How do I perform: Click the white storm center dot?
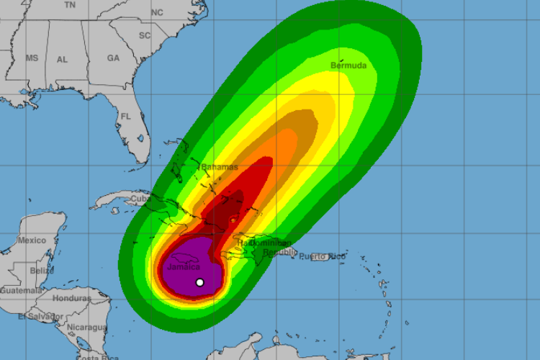click(x=200, y=282)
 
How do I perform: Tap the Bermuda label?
click(x=348, y=66)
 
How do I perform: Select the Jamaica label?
click(x=183, y=267)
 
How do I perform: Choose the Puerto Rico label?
click(x=322, y=256)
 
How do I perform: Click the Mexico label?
click(x=32, y=240)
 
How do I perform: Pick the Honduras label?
click(x=72, y=298)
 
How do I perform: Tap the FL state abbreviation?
click(x=126, y=116)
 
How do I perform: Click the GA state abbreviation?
click(x=113, y=58)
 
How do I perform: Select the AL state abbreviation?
click(x=63, y=60)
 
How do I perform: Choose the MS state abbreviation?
click(x=32, y=58)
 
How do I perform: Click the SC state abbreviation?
click(x=145, y=35)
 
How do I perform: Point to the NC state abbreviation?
click(x=157, y=12)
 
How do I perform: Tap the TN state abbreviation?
click(x=69, y=4)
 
